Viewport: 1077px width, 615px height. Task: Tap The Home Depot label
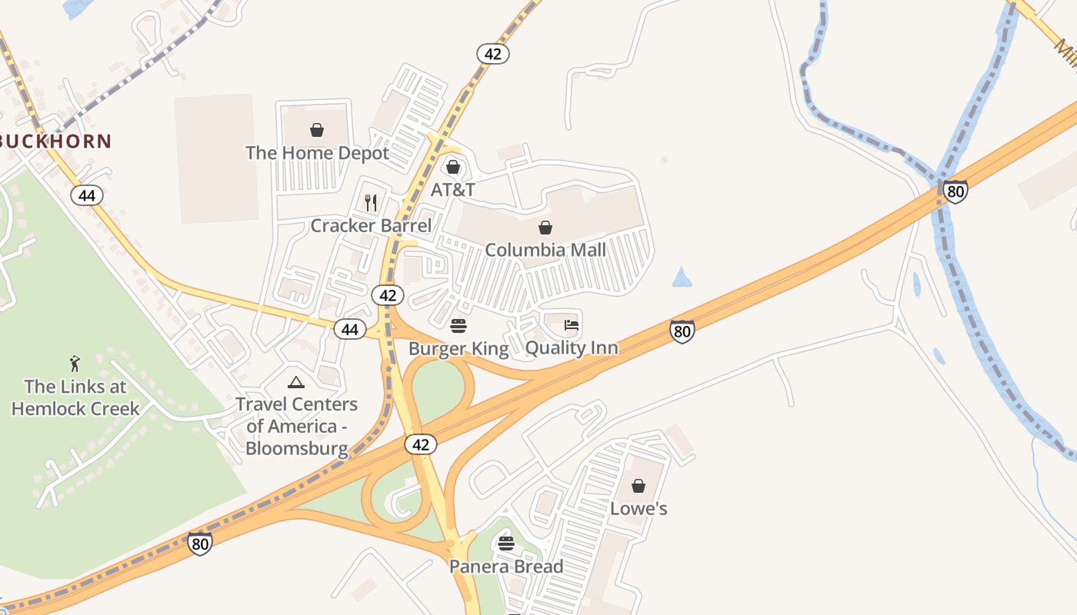tap(317, 153)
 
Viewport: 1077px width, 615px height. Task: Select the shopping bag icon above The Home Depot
tap(316, 129)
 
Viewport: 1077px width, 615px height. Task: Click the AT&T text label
tap(452, 189)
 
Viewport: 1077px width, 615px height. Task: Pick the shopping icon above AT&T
tap(452, 166)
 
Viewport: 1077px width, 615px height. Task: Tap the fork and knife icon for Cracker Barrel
tap(370, 202)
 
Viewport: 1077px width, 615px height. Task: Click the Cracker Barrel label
tap(371, 226)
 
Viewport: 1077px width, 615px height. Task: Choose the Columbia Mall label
tap(545, 250)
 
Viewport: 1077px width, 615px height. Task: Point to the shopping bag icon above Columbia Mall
tap(545, 227)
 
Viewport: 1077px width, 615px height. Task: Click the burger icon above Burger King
tap(458, 326)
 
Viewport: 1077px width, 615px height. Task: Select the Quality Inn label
tap(572, 348)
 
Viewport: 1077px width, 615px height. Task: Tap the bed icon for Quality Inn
tap(571, 325)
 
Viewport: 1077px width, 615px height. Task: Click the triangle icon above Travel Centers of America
tap(296, 382)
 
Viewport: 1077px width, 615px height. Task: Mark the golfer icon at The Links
tap(75, 363)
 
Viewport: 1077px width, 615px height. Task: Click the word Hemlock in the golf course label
tap(45, 408)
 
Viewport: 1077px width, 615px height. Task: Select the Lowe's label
tap(639, 509)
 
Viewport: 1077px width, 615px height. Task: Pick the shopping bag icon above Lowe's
tap(638, 486)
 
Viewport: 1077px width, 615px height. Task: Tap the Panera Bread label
tap(506, 567)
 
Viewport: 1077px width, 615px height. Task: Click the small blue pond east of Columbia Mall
tap(682, 278)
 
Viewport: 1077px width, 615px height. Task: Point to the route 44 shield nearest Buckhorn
tap(87, 195)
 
